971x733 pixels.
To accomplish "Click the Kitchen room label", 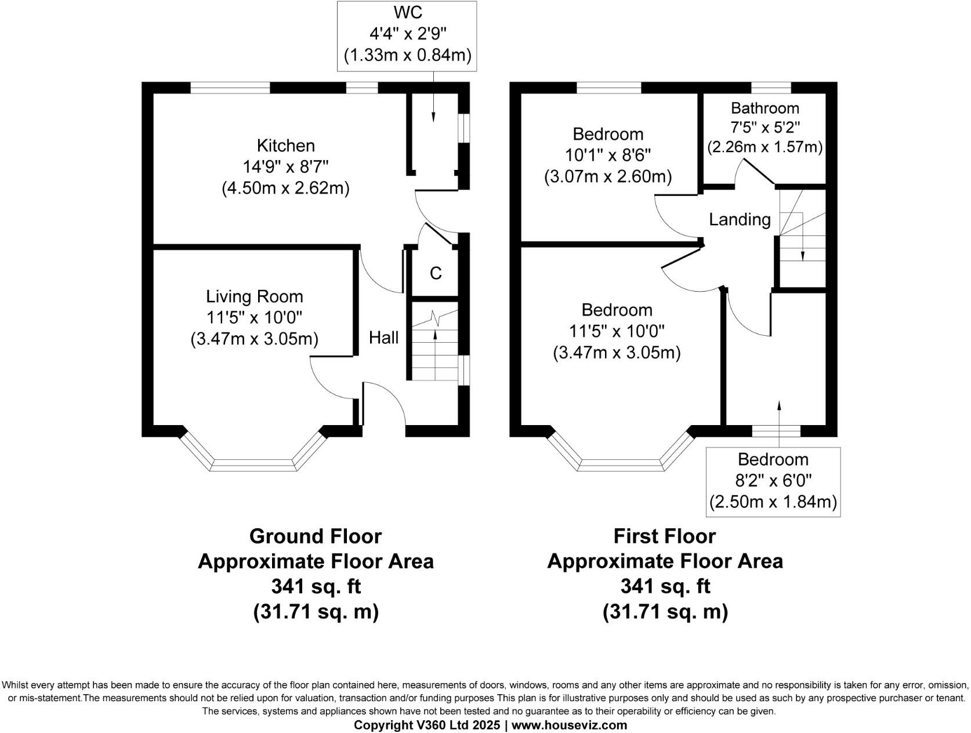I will (x=285, y=146).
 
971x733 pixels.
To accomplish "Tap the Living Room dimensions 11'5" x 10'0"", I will (x=254, y=318).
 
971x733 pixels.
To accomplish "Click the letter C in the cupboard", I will (x=436, y=273).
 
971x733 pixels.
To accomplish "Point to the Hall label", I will (x=383, y=338).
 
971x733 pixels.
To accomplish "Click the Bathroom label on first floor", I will (x=765, y=108).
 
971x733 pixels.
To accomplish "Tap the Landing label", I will (x=740, y=220).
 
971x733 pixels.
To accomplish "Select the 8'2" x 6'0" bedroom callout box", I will (x=773, y=481).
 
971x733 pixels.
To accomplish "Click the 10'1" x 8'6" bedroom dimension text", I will (x=608, y=155).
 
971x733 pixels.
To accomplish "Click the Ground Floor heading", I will (x=315, y=536).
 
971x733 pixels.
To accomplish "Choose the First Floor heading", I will (x=664, y=536).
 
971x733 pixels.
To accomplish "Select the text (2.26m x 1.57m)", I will (x=765, y=147).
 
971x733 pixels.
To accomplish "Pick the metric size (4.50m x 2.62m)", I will (x=285, y=188).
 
